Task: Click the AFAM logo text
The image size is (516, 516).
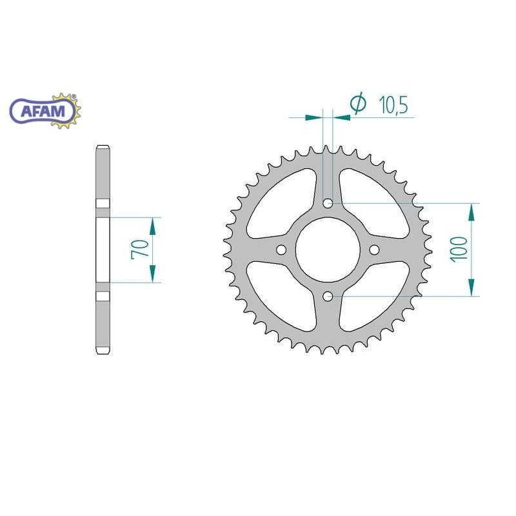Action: (x=43, y=111)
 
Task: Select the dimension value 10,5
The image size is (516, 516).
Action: (x=393, y=105)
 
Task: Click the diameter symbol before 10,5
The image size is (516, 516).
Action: (x=358, y=103)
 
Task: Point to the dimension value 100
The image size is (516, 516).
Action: (x=459, y=249)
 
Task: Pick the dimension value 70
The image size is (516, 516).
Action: (x=140, y=250)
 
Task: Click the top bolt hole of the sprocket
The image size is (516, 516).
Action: (x=328, y=203)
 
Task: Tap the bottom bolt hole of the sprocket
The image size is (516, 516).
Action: (x=328, y=296)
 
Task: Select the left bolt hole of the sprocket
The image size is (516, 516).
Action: (x=281, y=250)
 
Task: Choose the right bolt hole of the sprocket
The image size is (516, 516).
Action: (x=374, y=250)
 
